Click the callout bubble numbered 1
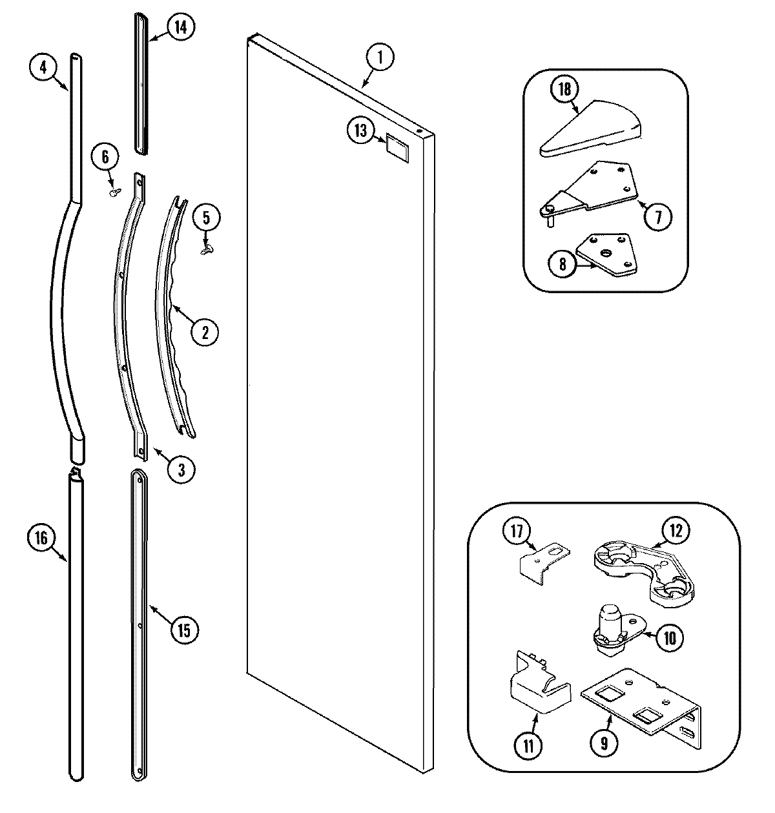point(380,57)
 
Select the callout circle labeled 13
point(360,131)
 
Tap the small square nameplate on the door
point(397,146)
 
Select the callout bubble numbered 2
point(205,333)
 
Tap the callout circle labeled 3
point(181,469)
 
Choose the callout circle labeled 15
point(184,630)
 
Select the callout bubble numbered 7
point(657,217)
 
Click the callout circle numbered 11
point(529,746)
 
